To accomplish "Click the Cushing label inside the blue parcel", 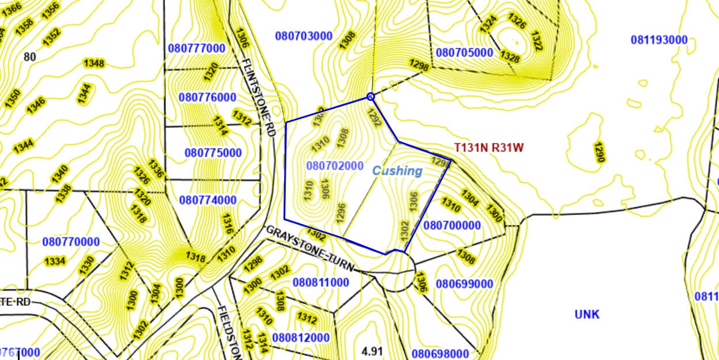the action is pyautogui.click(x=397, y=170).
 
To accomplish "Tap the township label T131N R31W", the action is pyautogui.click(x=489, y=147).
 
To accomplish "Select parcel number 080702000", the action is pyautogui.click(x=335, y=166).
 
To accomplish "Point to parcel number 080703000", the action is pyautogui.click(x=304, y=36).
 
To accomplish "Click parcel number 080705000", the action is pyautogui.click(x=464, y=53).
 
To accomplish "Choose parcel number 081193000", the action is pyautogui.click(x=659, y=40).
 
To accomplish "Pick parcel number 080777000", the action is pyautogui.click(x=196, y=48).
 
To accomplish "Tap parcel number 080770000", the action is pyautogui.click(x=71, y=242).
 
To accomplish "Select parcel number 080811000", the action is pyautogui.click(x=321, y=283).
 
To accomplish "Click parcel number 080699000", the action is pyautogui.click(x=464, y=284).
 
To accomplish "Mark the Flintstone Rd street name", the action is pyautogui.click(x=256, y=96).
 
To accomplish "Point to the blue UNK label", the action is pyautogui.click(x=586, y=314).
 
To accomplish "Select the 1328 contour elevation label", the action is pyautogui.click(x=509, y=57).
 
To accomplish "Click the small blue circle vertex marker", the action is pyautogui.click(x=370, y=97).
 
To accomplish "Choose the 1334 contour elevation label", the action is pyautogui.click(x=55, y=262).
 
